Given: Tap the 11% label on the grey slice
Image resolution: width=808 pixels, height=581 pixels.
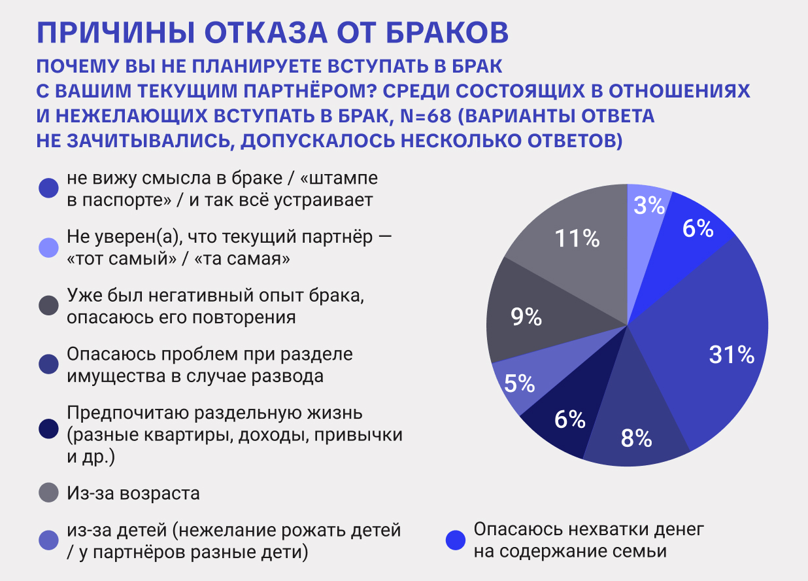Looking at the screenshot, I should coord(577,239).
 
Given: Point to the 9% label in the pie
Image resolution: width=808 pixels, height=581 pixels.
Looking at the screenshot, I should coord(526,318).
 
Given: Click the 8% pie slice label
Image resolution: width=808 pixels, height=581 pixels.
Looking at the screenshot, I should coord(636,438).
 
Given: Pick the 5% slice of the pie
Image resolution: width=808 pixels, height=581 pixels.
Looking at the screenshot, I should coord(520,384).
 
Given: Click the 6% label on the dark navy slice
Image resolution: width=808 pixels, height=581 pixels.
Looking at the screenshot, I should coord(569,419).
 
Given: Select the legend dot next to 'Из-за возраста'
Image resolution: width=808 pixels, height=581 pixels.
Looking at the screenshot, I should coord(50,493).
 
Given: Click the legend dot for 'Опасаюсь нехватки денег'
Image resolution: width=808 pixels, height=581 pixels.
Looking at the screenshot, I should coord(456,540).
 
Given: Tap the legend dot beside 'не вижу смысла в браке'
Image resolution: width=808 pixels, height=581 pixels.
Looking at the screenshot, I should coord(50,188).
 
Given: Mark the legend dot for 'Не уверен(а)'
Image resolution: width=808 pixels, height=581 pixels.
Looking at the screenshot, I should coord(50,247).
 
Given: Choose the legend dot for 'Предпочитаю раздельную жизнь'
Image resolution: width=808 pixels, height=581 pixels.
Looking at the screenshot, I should coord(50,429).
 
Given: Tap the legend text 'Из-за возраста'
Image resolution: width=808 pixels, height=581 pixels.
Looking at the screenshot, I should coord(133,493).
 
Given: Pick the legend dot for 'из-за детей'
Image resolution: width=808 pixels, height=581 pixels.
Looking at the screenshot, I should coord(50,540).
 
